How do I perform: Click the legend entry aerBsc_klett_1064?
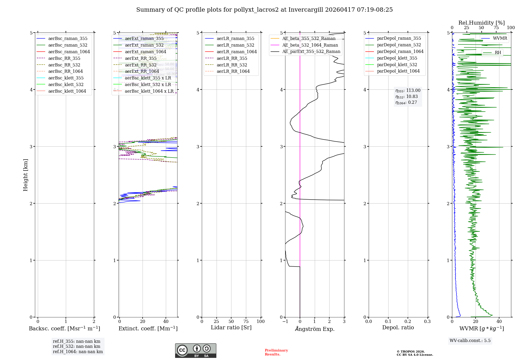(67, 91)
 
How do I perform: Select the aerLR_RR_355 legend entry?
(232, 58)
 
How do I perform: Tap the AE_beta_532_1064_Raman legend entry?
(310, 45)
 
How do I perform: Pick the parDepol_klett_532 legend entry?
(397, 65)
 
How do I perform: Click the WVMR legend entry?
(500, 38)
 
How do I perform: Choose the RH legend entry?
(498, 53)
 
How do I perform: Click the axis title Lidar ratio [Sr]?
(231, 327)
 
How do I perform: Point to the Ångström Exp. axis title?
(314, 329)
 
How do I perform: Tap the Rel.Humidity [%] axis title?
(481, 23)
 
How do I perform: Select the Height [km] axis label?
(25, 175)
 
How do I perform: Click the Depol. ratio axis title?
(398, 327)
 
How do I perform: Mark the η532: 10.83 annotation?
(407, 97)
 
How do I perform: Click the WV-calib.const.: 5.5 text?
(470, 340)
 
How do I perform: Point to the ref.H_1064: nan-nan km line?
(78, 352)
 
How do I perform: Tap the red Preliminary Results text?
(276, 352)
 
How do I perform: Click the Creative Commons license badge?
(195, 350)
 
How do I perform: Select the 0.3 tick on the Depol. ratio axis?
(427, 321)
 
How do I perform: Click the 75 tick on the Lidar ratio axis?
(246, 321)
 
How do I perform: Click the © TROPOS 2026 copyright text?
(411, 352)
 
